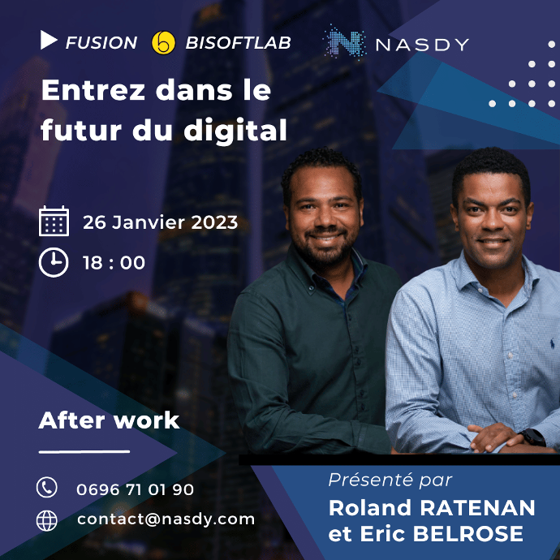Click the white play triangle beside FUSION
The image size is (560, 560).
[48, 40]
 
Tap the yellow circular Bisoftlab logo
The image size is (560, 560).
[163, 43]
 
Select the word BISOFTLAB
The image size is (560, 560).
[239, 43]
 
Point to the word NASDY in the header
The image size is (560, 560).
[422, 45]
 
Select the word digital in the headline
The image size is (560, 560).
[235, 130]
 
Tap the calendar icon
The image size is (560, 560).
[54, 221]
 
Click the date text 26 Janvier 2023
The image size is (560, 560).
[161, 222]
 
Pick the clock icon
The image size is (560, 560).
[54, 262]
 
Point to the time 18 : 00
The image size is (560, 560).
[114, 263]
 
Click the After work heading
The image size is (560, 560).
[109, 420]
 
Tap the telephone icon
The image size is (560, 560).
[47, 487]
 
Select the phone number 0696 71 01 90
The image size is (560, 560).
[135, 489]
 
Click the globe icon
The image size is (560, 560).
[47, 520]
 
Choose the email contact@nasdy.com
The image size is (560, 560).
[166, 519]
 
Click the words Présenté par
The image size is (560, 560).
[390, 480]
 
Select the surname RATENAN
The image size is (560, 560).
[477, 508]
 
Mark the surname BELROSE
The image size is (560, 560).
[468, 533]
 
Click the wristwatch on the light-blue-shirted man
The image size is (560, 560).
[532, 437]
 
